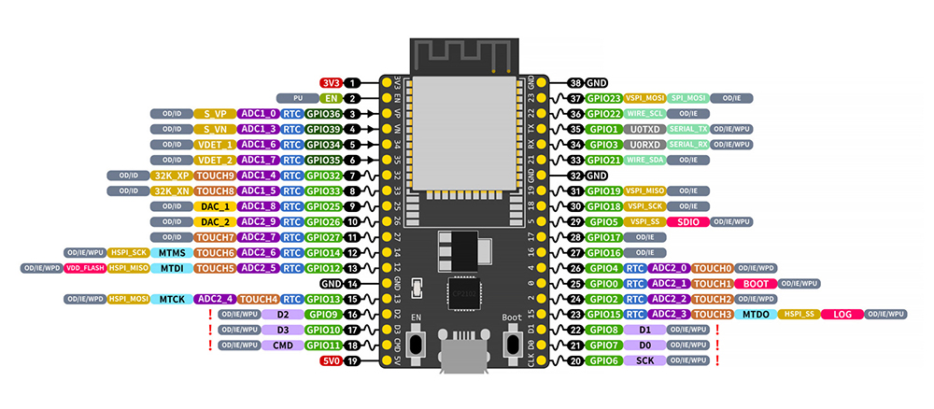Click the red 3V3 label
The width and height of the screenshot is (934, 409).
click(x=332, y=82)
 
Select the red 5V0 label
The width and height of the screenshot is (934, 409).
click(x=332, y=360)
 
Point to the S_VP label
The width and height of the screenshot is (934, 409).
click(x=215, y=113)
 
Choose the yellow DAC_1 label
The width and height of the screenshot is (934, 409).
click(x=215, y=205)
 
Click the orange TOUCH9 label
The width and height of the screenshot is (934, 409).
click(x=215, y=175)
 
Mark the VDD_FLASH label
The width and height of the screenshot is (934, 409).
click(x=85, y=268)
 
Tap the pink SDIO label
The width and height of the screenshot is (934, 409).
click(x=686, y=221)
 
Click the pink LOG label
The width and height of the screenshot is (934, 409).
click(x=841, y=315)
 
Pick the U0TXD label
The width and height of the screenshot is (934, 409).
click(x=644, y=129)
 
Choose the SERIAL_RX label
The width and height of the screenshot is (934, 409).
click(x=688, y=144)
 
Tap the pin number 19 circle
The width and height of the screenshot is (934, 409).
click(x=353, y=360)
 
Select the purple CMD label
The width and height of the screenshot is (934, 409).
click(x=279, y=346)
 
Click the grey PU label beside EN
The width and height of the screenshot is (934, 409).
click(x=297, y=97)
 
